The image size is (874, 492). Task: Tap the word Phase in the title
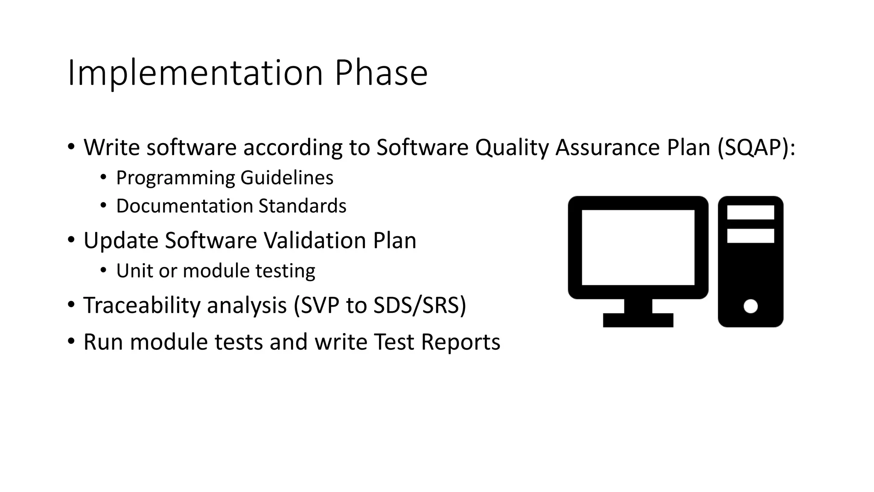(381, 73)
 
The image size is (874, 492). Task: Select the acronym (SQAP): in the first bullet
(756, 148)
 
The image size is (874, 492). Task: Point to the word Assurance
(605, 148)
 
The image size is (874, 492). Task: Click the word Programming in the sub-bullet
(175, 178)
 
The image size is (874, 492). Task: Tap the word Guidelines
(287, 178)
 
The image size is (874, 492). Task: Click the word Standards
(302, 206)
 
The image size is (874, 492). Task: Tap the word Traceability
(142, 306)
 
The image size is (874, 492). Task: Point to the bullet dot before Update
(71, 240)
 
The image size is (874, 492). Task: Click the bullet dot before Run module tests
(71, 342)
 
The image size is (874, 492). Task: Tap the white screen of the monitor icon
(638, 247)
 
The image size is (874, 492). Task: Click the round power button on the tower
(750, 306)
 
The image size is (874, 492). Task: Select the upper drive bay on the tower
(750, 212)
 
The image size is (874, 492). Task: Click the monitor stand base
(638, 320)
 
